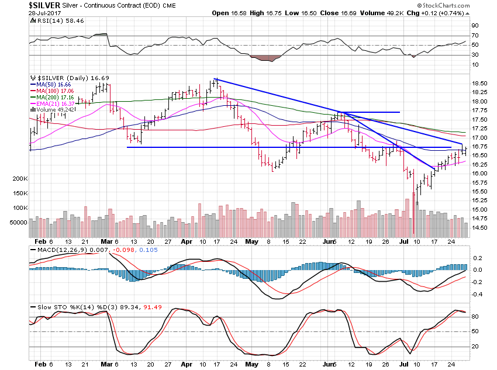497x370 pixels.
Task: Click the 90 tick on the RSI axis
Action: [475, 26]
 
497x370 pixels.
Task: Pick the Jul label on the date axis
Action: [403, 241]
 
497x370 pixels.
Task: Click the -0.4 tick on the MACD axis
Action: [477, 294]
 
